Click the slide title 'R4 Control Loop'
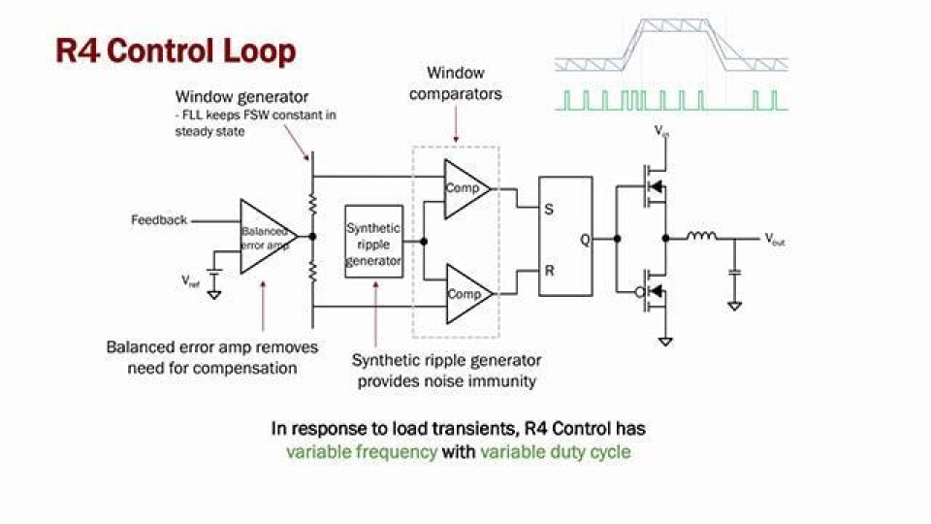click(x=176, y=49)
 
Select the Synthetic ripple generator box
click(x=373, y=242)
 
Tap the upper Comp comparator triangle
click(x=465, y=188)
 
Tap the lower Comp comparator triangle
click(x=465, y=294)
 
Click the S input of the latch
click(x=549, y=209)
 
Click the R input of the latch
click(x=549, y=271)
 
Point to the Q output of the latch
click(x=584, y=240)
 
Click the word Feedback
click(x=159, y=220)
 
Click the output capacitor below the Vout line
click(x=734, y=275)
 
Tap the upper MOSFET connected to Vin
click(x=650, y=185)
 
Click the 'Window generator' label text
click(x=241, y=97)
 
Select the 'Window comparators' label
click(x=455, y=83)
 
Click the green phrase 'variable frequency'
click(x=361, y=452)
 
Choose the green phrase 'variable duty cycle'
click(x=556, y=452)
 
